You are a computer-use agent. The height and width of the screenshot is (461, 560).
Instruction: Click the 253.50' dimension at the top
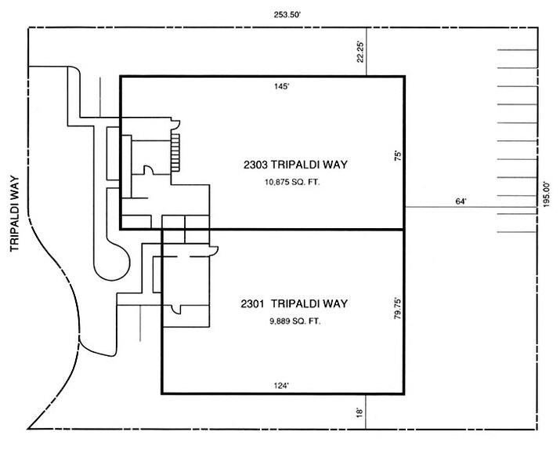[x=285, y=15]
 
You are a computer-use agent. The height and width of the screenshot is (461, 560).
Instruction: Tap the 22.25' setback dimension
[x=360, y=53]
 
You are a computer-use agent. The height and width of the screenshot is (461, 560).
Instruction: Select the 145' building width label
[x=281, y=86]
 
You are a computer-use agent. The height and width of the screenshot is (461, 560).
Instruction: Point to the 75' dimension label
[x=398, y=156]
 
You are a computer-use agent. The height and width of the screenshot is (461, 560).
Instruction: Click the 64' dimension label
[x=461, y=201]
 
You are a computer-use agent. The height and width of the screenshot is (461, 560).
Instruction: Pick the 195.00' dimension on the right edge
[x=547, y=195]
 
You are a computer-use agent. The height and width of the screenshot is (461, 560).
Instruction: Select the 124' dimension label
[x=281, y=386]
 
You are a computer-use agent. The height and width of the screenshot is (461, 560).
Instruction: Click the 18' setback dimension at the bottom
[x=359, y=412]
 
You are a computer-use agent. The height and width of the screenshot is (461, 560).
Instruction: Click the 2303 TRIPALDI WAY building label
[x=295, y=165]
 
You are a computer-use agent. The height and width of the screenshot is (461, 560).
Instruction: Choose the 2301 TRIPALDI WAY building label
[x=294, y=303]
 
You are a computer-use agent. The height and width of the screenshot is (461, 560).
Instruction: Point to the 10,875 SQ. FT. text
[x=292, y=182]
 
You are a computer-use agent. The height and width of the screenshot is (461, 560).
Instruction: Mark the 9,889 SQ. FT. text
[x=295, y=321]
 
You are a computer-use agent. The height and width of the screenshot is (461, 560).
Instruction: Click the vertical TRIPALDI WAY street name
[x=14, y=213]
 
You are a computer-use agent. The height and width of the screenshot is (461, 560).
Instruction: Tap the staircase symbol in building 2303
[x=175, y=152]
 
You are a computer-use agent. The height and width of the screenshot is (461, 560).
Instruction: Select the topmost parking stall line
[x=518, y=50]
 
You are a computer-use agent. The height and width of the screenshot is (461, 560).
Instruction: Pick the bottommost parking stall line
[x=518, y=232]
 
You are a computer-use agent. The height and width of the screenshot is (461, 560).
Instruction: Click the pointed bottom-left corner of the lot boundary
[x=28, y=428]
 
